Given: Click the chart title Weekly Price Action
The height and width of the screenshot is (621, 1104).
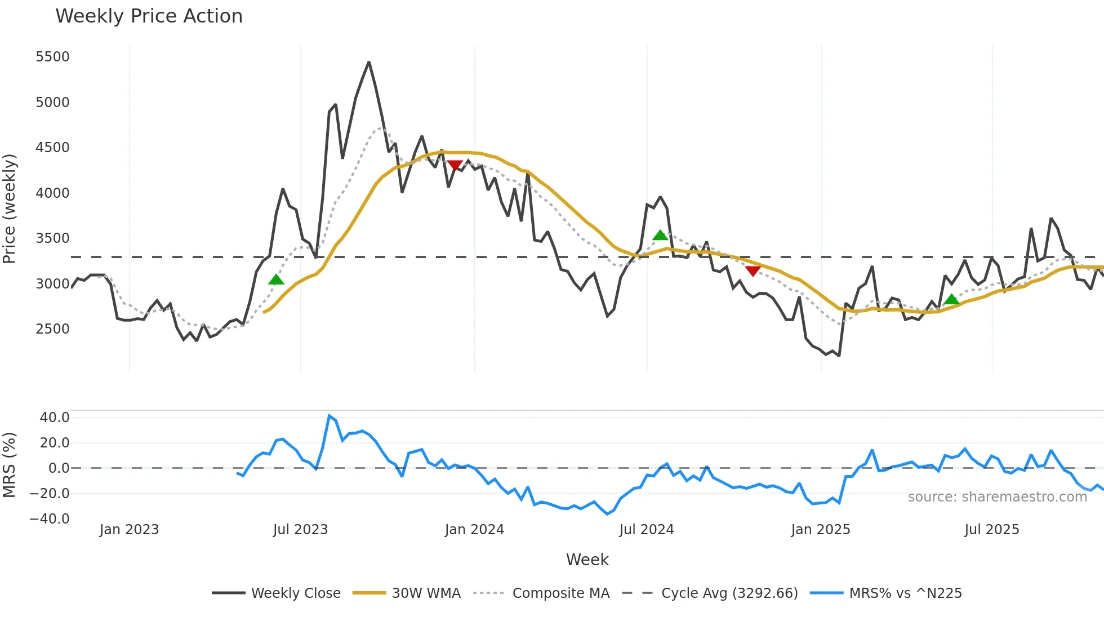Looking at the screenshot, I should pos(149,16).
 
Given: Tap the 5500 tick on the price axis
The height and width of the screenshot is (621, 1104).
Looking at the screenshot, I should pos(52,57).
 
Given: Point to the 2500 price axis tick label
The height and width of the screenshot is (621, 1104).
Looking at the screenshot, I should pos(52,329).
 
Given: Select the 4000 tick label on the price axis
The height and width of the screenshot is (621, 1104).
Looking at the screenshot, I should pos(52,193).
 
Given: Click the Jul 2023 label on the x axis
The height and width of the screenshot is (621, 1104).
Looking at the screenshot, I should pos(300,530).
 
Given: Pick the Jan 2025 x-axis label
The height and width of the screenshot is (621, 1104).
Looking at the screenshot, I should pos(820,530).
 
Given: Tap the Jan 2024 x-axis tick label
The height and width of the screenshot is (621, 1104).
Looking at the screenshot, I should pos(474,530).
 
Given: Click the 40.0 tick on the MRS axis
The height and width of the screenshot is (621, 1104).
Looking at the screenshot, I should pos(55,418).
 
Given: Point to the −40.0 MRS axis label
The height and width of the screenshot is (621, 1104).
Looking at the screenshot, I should pos(50,519).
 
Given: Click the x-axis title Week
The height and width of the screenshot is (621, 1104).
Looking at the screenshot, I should pos(587,560).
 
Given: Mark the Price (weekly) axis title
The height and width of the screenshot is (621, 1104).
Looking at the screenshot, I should pos(9,209).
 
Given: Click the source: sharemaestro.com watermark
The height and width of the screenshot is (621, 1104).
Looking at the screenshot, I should pos(997,497).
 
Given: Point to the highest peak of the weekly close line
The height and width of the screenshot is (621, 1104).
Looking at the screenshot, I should pos(369,62).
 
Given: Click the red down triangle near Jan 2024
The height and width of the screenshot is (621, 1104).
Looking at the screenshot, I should pos(455,165).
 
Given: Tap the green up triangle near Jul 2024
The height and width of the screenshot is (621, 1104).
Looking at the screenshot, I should pos(660,235).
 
